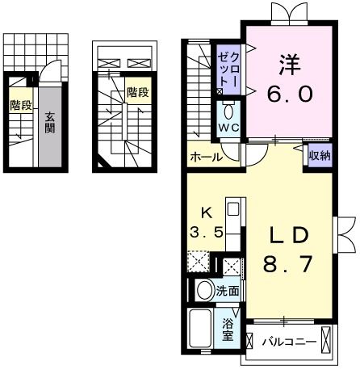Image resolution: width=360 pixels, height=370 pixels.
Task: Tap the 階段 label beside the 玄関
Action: tap(21, 105)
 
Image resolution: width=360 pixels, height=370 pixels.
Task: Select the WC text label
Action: tap(228, 129)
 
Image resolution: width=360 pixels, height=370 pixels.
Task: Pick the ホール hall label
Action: tap(206, 158)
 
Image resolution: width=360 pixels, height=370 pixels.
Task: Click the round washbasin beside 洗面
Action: tap(205, 290)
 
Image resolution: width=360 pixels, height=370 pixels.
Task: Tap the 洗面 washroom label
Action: tap(228, 291)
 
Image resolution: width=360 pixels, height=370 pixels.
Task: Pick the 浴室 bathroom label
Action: tap(228, 329)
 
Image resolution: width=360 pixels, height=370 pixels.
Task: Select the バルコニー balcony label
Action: tap(287, 342)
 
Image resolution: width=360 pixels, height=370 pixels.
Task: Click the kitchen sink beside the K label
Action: tap(232, 210)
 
